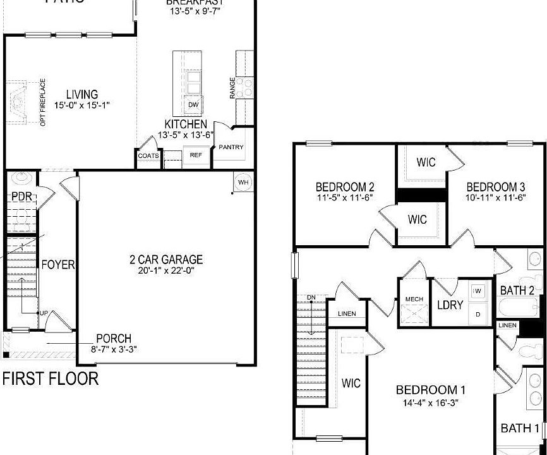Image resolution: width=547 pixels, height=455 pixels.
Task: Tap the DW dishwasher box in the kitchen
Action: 193,104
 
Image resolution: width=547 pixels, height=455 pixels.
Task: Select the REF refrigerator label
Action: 196,155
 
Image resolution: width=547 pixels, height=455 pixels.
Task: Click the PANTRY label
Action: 231,147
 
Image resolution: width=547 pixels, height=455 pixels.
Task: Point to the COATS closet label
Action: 149,155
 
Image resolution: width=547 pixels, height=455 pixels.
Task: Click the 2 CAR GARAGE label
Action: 167,259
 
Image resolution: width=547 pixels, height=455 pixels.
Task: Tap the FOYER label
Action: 58,264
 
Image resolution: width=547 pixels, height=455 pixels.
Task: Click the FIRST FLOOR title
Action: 51,379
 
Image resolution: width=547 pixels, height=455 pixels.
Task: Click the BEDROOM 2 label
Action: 345,187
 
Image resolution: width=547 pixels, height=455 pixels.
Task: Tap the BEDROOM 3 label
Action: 496,187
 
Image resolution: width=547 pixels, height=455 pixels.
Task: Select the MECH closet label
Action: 414,299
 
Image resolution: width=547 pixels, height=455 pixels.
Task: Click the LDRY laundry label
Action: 450,305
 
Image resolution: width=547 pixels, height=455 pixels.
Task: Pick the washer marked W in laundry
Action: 478,291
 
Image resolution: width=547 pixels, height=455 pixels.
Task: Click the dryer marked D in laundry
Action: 478,313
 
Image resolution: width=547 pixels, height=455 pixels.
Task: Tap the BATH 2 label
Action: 517,291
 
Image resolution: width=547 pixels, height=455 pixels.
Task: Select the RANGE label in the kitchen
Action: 232,88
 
